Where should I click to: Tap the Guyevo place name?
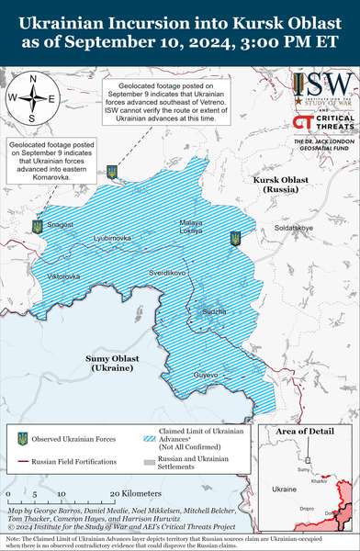click(x=206, y=375)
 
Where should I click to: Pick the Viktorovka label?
click(x=63, y=275)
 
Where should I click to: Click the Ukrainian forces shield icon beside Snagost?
click(x=36, y=225)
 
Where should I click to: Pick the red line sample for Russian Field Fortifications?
click(x=21, y=461)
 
